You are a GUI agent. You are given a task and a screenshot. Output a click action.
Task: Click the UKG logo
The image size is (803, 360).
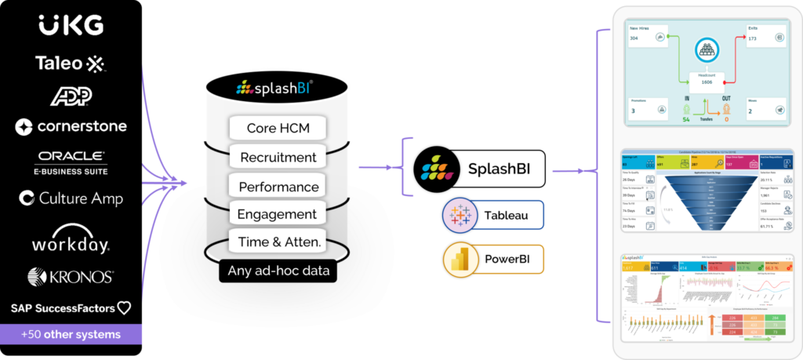pyautogui.click(x=71, y=26)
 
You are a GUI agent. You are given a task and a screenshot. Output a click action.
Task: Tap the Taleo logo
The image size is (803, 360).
pyautogui.click(x=70, y=64)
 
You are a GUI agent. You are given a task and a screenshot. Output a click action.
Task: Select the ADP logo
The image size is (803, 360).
pyautogui.click(x=71, y=96)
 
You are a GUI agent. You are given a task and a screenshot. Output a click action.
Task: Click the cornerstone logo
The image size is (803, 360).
pyautogui.click(x=71, y=126)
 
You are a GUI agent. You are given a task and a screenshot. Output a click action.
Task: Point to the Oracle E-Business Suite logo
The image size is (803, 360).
pyautogui.click(x=71, y=162)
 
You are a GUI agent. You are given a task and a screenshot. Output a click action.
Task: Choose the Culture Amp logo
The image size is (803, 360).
pyautogui.click(x=71, y=198)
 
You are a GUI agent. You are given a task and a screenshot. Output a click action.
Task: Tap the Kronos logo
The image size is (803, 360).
pyautogui.click(x=71, y=276)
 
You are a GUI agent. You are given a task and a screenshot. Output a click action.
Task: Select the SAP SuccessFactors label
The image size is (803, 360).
pyautogui.click(x=71, y=308)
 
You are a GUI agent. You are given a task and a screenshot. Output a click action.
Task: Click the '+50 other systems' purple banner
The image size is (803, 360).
pyautogui.click(x=71, y=335)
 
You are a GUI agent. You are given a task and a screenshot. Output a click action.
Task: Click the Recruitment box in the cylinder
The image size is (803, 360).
pyautogui.click(x=278, y=157)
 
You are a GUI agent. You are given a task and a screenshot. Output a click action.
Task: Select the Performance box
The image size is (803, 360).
pyautogui.click(x=278, y=187)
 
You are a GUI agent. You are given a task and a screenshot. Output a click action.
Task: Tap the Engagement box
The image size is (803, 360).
pyautogui.click(x=278, y=214)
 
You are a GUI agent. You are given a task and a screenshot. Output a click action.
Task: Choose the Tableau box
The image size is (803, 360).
pyautogui.click(x=493, y=214)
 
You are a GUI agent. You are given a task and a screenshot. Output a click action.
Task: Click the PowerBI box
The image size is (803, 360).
pyautogui.click(x=493, y=260)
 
